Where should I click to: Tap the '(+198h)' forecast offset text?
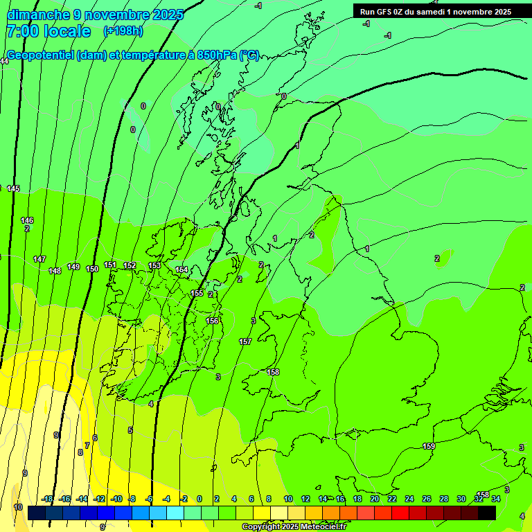123,30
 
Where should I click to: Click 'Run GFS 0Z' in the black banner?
385,11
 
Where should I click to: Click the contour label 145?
13,188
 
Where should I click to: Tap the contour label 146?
27,220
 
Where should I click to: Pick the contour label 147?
39,259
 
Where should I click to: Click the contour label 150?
92,269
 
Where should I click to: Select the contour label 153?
154,265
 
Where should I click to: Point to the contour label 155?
197,293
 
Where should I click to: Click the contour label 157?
245,342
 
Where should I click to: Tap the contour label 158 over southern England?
273,372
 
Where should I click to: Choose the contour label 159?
429,446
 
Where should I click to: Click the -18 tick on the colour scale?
48,499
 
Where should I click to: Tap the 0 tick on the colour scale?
199,499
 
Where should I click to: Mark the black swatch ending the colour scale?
487,512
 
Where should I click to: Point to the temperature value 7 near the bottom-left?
87,445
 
